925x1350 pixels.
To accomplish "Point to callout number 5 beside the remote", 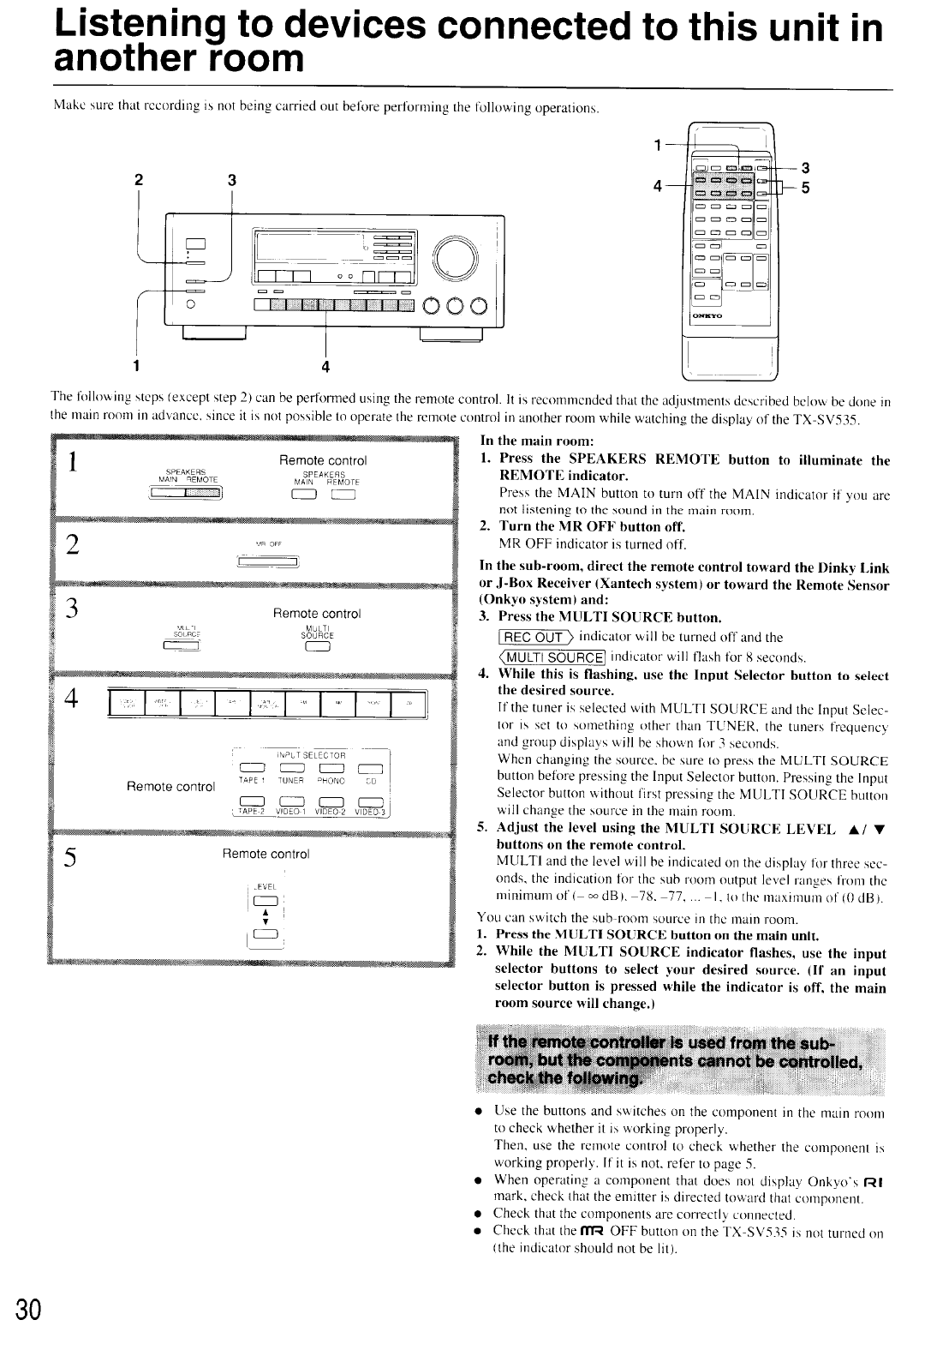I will click(x=805, y=191).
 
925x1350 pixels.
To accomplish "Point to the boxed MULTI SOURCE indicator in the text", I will click(x=543, y=657).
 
